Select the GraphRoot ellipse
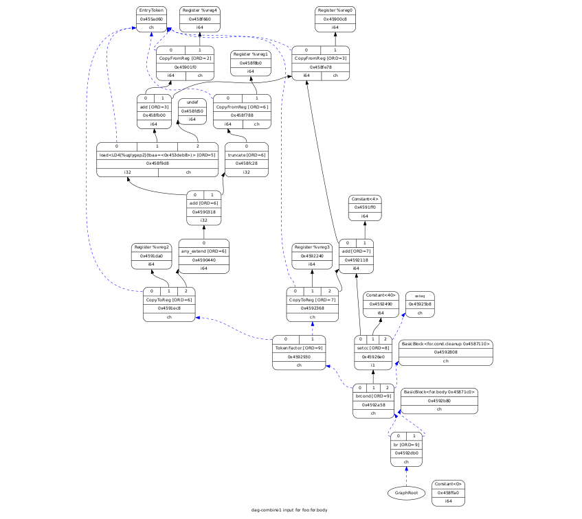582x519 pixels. (407, 492)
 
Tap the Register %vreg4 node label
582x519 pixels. (199, 11)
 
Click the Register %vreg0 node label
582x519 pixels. (335, 11)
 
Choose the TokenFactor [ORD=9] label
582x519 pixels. (299, 349)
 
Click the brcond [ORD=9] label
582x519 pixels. (373, 396)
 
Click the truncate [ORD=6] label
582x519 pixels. (246, 155)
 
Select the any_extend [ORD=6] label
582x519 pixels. (203, 252)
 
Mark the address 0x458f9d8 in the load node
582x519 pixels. (157, 163)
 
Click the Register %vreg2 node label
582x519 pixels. (151, 247)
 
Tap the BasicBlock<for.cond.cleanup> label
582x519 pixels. (445, 343)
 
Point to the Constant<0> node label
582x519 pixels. (449, 484)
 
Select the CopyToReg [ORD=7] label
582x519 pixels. (313, 299)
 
